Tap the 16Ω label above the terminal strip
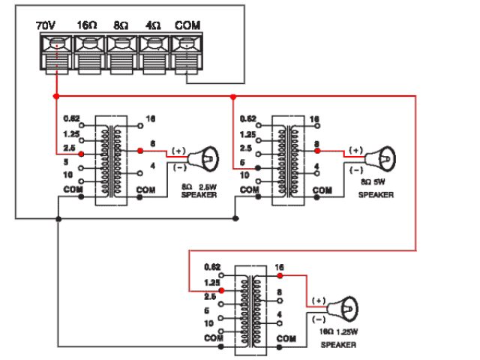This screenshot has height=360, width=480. pos(86,25)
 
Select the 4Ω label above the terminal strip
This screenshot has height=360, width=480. pos(153,25)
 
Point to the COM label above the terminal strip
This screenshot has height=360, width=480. pos(187,25)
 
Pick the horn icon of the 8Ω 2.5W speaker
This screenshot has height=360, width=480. pos(203,158)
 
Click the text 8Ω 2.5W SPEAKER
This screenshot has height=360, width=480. pos(198,190)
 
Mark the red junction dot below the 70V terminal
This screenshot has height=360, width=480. pos(55,97)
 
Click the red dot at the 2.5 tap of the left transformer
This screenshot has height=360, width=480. pos(81,152)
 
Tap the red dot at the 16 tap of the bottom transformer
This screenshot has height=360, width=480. pos(279,275)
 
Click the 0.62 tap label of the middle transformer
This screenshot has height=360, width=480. pos(247,118)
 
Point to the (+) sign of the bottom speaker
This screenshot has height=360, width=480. pos(317,301)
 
